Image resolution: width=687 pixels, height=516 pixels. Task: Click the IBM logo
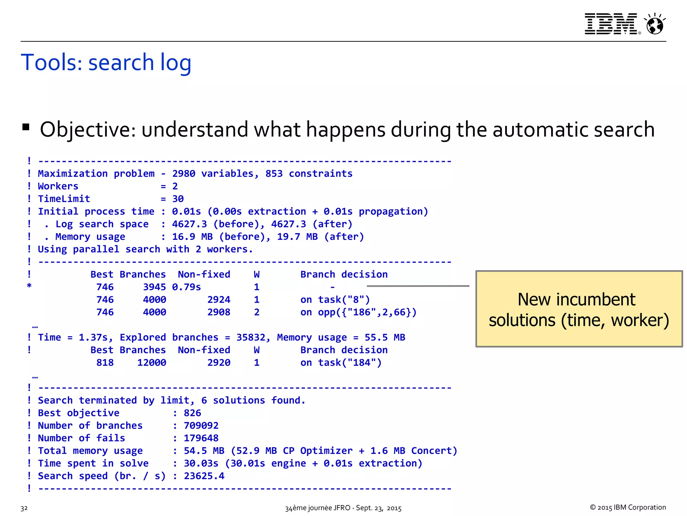coord(611,24)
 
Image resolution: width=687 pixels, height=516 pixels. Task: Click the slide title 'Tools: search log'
coord(106,62)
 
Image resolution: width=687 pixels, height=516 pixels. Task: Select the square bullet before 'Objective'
coord(26,127)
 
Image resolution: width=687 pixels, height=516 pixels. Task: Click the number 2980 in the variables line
coord(183,174)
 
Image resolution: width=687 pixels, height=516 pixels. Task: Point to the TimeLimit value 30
coord(178,199)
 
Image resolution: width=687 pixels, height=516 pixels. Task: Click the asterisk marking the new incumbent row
coord(29,286)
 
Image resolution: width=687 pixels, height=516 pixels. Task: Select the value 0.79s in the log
coord(186,287)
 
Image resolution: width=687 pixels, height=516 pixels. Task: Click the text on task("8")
coord(335,300)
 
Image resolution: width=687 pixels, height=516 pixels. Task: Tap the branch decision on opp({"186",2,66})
coord(358,312)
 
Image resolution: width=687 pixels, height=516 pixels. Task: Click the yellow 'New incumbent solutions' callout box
coord(579,309)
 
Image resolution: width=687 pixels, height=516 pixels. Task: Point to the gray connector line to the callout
coord(418,286)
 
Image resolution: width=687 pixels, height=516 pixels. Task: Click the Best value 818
coord(105,363)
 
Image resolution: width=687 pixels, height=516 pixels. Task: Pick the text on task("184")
coord(341,363)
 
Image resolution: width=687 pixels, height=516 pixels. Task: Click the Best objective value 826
coord(192,413)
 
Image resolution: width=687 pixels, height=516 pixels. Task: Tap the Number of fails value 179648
coord(201,438)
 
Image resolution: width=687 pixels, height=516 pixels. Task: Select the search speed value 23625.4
coord(204,476)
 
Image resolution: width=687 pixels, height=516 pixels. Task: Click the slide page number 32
coord(24,508)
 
